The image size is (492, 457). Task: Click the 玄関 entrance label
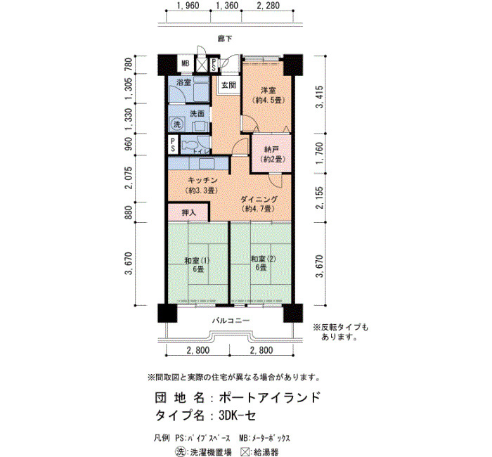point(228,85)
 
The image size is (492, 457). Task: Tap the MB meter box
point(186,63)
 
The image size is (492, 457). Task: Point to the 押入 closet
point(188,212)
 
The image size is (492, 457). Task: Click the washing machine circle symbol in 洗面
point(177,124)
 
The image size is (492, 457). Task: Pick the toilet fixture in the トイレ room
point(189,146)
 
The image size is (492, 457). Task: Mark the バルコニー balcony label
point(231,321)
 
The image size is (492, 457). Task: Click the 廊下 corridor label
point(225,39)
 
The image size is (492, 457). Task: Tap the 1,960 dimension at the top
point(188,6)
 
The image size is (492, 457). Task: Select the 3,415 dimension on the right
point(319,97)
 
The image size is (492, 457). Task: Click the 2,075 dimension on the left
point(129,178)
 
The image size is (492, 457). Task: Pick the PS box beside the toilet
point(173,144)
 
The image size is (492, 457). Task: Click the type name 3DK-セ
point(238,416)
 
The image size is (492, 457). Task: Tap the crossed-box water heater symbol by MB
point(201,65)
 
